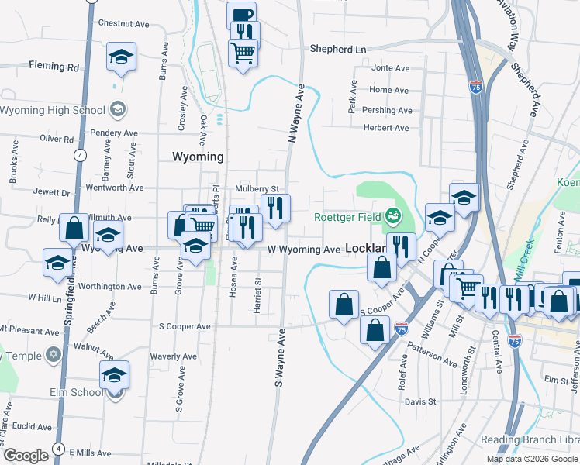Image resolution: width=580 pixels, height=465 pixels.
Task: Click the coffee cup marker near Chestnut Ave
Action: point(242,15)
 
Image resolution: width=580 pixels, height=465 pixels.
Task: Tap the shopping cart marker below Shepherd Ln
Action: point(243,53)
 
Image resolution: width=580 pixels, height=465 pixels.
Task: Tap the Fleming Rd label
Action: point(54,67)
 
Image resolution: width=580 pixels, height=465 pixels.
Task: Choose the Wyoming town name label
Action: point(197,157)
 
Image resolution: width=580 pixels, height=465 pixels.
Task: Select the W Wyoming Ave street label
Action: point(304,250)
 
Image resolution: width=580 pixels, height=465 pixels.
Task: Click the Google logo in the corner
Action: point(26,456)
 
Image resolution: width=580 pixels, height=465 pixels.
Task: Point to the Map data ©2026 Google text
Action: point(533,459)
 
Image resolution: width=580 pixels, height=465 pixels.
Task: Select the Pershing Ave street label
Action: point(388,109)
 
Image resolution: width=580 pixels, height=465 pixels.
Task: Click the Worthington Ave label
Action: point(110,286)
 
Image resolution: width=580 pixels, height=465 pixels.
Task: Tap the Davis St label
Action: point(420,402)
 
